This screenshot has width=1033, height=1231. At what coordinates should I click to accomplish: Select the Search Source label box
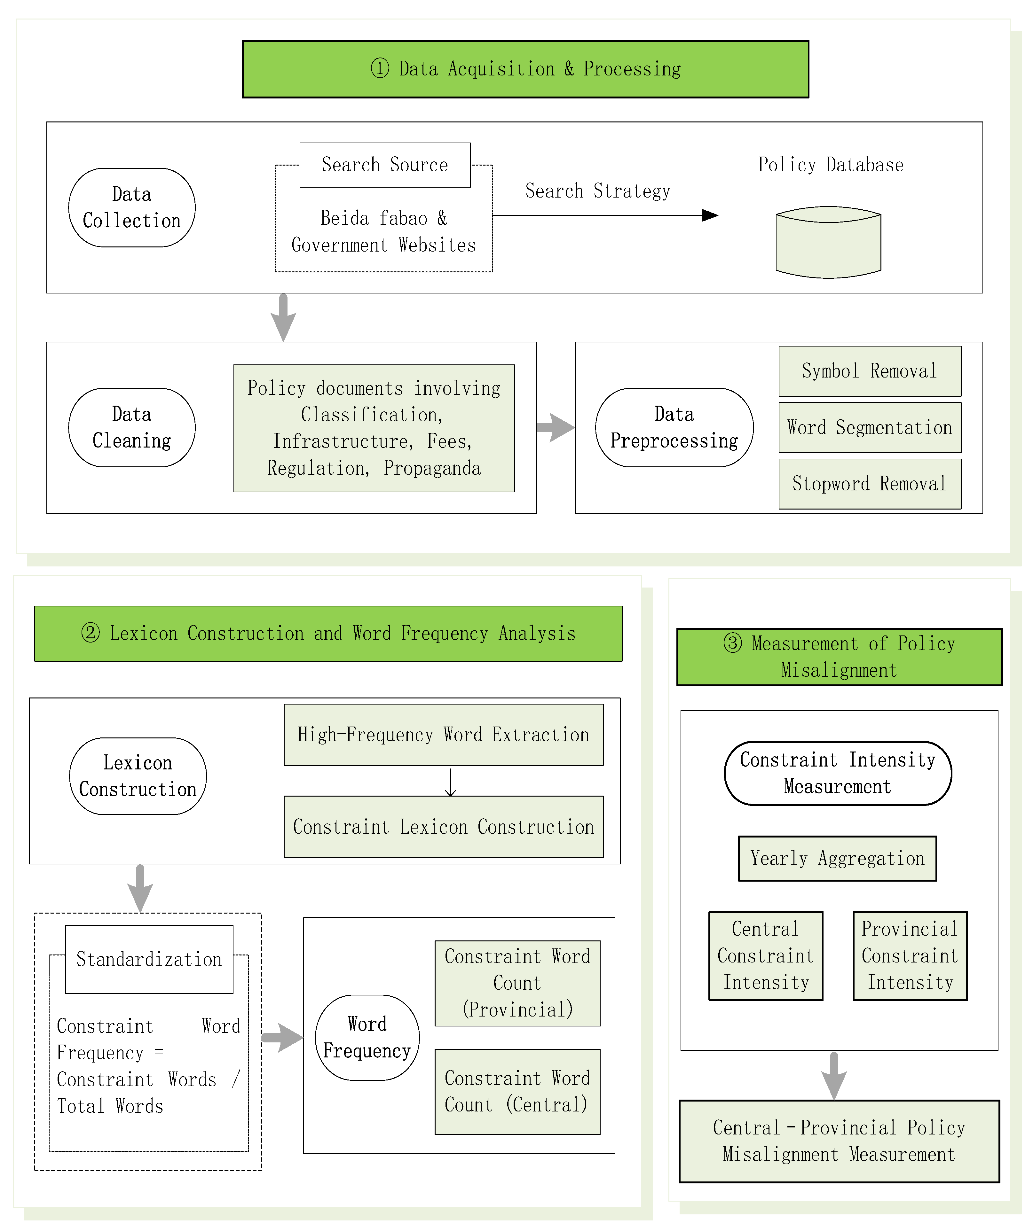[x=385, y=165]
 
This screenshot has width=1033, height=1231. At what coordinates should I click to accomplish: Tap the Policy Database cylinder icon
[x=828, y=242]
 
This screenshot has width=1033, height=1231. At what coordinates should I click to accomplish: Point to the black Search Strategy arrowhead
[x=710, y=215]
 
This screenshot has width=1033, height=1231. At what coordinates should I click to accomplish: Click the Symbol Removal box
[x=869, y=371]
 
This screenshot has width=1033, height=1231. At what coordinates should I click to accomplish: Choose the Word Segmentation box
[x=869, y=427]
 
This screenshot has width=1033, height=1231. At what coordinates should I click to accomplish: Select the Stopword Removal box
[x=869, y=484]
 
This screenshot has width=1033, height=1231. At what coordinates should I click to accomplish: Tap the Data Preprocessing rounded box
[x=674, y=427]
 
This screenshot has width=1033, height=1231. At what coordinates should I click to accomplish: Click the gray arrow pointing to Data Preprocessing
[x=556, y=427]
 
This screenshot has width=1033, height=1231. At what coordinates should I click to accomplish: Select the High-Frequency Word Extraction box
[x=444, y=735]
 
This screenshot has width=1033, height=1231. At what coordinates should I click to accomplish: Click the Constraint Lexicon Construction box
[x=444, y=827]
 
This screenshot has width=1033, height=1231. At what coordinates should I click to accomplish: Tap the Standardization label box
[x=149, y=959]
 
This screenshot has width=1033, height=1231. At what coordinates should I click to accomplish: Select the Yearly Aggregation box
[x=837, y=858]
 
